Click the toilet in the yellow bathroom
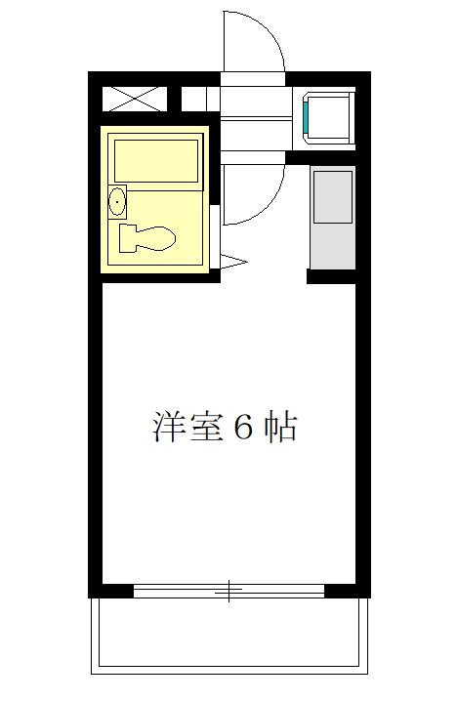(x=146, y=237)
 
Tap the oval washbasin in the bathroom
(x=117, y=202)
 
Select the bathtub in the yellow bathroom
(x=156, y=159)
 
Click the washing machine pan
(x=330, y=117)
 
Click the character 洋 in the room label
(x=169, y=427)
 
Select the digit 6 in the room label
(x=242, y=428)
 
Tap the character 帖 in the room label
(x=278, y=427)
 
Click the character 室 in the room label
(x=206, y=427)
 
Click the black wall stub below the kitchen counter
(x=331, y=276)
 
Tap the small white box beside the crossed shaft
(x=193, y=100)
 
